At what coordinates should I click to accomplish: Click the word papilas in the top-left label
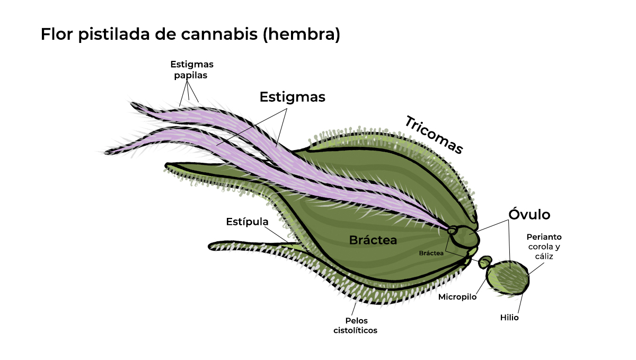(x=191, y=75)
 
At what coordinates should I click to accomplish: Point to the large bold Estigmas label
(x=292, y=98)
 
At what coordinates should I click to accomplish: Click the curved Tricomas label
(x=434, y=135)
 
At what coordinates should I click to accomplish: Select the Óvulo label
(x=529, y=214)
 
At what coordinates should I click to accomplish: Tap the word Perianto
(x=544, y=237)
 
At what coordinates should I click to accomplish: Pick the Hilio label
(x=509, y=318)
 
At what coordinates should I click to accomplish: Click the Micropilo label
(x=457, y=297)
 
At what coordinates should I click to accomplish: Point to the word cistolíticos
(x=355, y=330)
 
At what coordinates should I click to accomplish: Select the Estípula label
(x=247, y=221)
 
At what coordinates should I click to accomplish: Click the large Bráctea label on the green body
(x=373, y=240)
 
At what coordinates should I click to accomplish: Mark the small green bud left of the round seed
(x=484, y=262)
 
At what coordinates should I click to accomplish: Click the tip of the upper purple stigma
(x=134, y=104)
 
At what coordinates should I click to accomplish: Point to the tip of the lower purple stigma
(x=108, y=152)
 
